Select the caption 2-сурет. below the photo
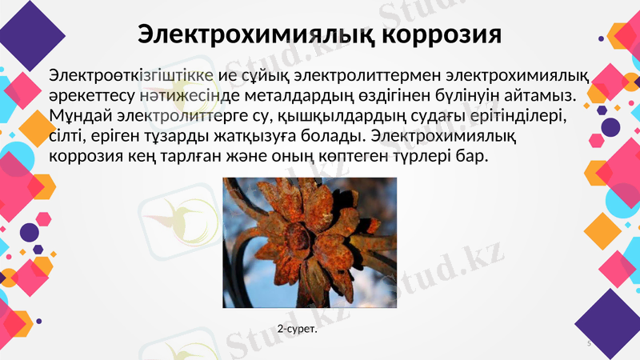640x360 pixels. pos(298,329)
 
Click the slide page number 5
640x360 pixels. pos(589,343)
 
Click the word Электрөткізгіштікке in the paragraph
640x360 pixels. pos(130,76)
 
